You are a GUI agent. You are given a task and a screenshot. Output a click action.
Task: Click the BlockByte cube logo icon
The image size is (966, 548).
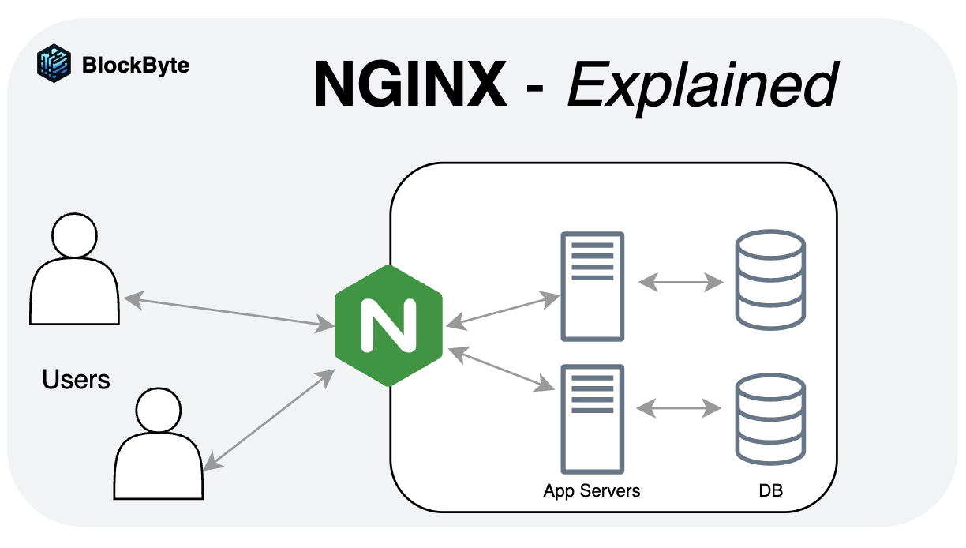(54, 64)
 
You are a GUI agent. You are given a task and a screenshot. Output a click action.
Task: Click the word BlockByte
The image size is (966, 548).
(135, 65)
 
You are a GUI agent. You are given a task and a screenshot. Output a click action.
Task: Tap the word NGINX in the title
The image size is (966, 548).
(410, 84)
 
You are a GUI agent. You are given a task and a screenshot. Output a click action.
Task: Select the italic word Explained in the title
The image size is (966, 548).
(701, 85)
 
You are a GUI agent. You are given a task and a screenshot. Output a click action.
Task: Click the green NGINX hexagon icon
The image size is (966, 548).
(388, 325)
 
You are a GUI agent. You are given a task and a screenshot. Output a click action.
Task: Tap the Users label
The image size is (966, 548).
(76, 380)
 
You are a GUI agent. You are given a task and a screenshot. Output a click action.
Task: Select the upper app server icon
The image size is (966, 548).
(592, 287)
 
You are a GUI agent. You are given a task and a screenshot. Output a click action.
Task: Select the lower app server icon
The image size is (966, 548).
(592, 418)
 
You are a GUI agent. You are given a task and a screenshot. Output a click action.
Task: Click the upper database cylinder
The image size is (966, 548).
(769, 280)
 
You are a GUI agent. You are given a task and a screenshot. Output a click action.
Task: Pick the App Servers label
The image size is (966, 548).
(592, 490)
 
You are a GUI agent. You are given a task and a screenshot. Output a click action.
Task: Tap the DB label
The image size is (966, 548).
(770, 490)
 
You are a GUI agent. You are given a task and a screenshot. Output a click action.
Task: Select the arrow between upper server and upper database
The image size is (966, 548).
(680, 282)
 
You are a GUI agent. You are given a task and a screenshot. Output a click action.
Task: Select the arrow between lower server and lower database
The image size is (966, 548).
(679, 408)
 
